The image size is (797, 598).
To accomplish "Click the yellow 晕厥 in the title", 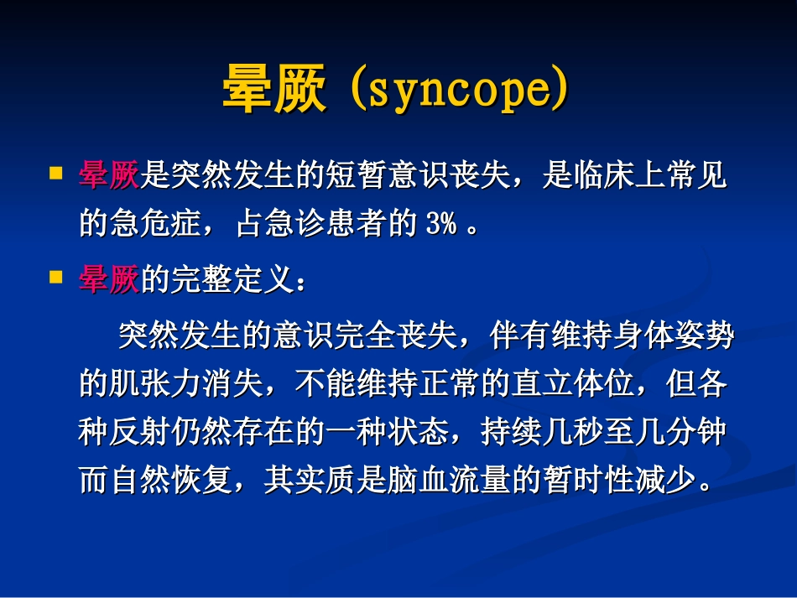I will (273, 89).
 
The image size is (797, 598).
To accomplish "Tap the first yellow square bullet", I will (56, 174).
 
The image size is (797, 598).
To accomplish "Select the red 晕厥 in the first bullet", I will (109, 176).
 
